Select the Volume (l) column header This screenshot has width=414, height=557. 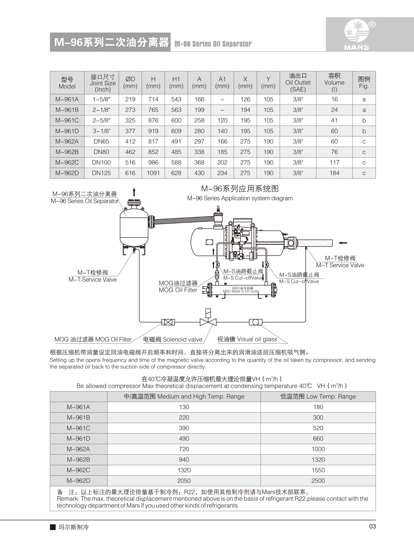pyautogui.click(x=334, y=83)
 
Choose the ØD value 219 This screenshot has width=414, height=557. pyautogui.click(x=130, y=99)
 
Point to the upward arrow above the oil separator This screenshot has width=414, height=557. pyautogui.click(x=134, y=192)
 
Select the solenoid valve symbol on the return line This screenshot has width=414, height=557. pyautogui.click(x=208, y=322)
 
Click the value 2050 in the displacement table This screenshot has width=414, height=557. pyautogui.click(x=184, y=481)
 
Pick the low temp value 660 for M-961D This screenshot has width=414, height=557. pyautogui.click(x=318, y=439)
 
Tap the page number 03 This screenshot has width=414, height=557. pyautogui.click(x=372, y=527)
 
